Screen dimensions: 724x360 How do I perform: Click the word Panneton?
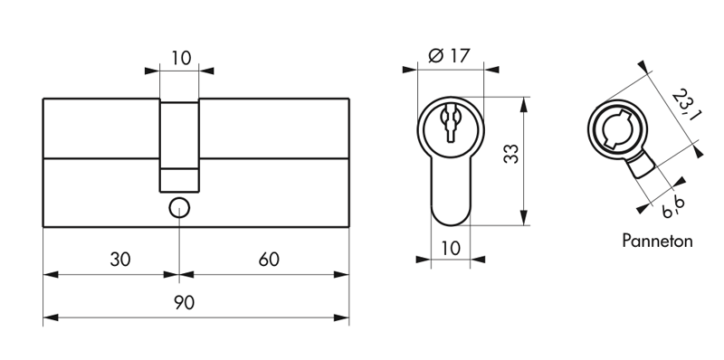pyautogui.click(x=657, y=241)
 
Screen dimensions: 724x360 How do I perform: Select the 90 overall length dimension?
pyautogui.click(x=185, y=303)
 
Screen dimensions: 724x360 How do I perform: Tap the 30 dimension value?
pyautogui.click(x=120, y=260)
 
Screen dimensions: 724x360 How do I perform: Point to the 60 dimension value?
pyautogui.click(x=269, y=260)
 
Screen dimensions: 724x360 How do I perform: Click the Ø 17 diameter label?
pyautogui.click(x=449, y=56)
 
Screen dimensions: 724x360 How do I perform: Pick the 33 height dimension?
pyautogui.click(x=511, y=154)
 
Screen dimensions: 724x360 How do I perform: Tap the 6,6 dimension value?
pyautogui.click(x=672, y=206)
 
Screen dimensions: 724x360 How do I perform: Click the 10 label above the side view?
pyautogui.click(x=181, y=59)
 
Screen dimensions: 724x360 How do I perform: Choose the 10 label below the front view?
pyautogui.click(x=451, y=249)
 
